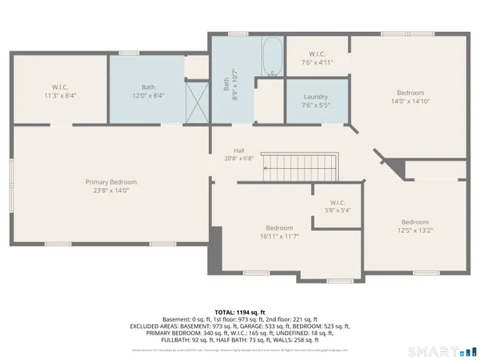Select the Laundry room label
pos(315,97)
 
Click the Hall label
pos(238,150)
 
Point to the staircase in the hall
pos(303,169)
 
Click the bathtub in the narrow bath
pos(272,57)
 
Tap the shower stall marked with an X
pos(196,101)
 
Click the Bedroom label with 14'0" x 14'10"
pos(410,93)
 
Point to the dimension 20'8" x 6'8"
pos(238,158)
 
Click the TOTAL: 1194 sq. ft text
pos(239,311)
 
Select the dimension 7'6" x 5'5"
pos(315,105)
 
